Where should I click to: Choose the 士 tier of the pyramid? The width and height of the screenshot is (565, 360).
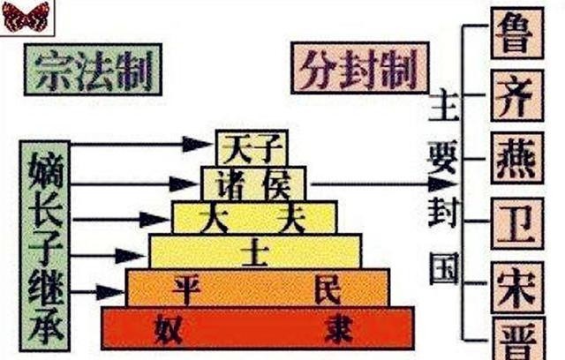(255, 251)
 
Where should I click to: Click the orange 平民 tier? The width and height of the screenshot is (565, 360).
(257, 288)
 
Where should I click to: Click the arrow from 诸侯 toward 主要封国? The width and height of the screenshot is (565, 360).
(380, 184)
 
